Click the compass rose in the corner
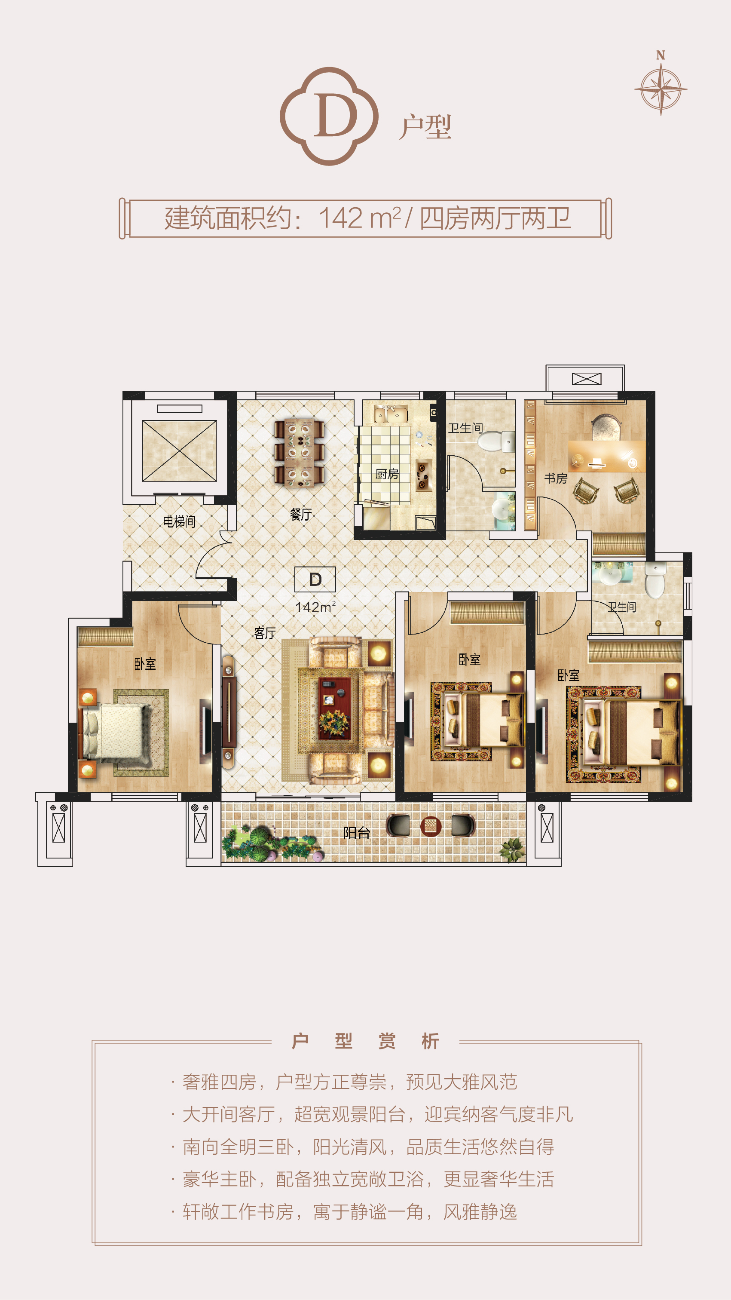(661, 89)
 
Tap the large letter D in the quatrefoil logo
(335, 116)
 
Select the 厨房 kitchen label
(387, 474)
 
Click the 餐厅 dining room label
(301, 514)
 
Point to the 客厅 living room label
(264, 633)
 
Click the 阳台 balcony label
(357, 833)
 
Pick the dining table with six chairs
(299, 453)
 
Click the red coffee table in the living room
(334, 708)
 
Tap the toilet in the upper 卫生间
(496, 442)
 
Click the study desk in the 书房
(606, 456)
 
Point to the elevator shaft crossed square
(179, 451)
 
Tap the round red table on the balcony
(430, 826)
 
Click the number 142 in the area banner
(340, 218)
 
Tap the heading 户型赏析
(366, 1041)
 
